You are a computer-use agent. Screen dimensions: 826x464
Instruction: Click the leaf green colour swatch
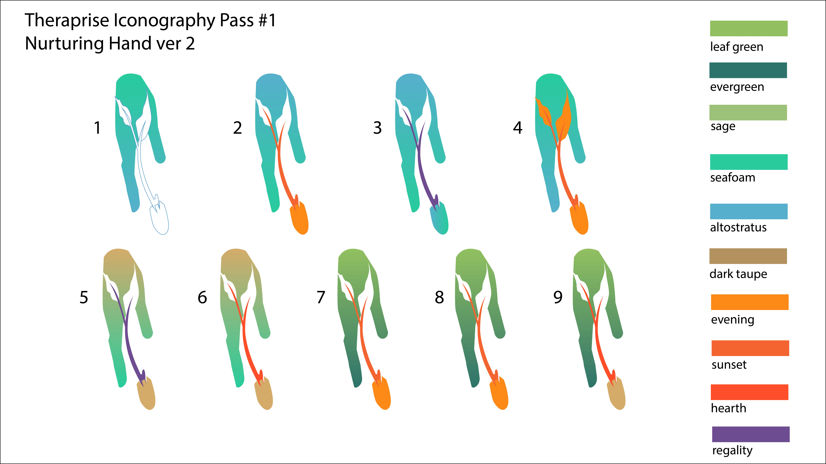point(749,29)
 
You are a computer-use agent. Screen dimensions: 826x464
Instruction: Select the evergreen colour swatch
point(748,70)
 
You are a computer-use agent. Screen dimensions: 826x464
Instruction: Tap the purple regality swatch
point(751,434)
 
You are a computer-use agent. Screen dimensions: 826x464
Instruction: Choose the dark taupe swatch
point(748,256)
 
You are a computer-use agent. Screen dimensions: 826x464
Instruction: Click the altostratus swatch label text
point(738,227)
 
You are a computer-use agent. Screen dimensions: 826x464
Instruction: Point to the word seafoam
point(733,177)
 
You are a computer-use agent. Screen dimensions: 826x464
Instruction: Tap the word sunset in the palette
point(729,365)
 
